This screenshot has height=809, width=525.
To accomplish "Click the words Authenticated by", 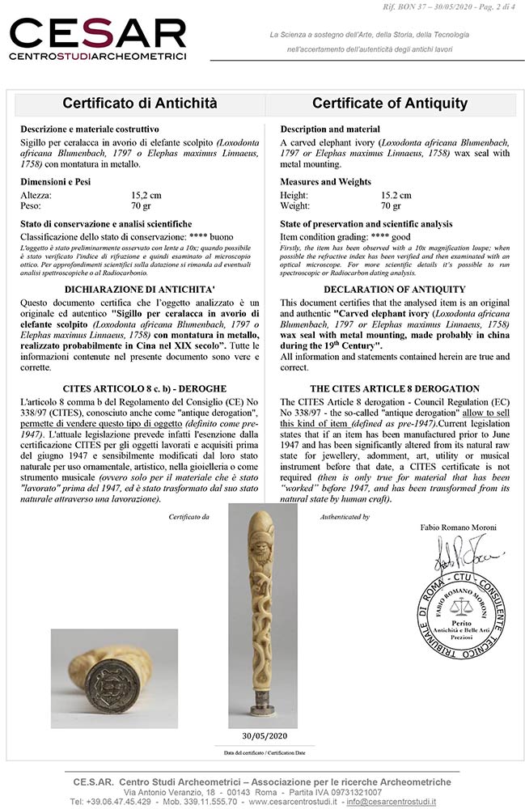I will click(x=345, y=516).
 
